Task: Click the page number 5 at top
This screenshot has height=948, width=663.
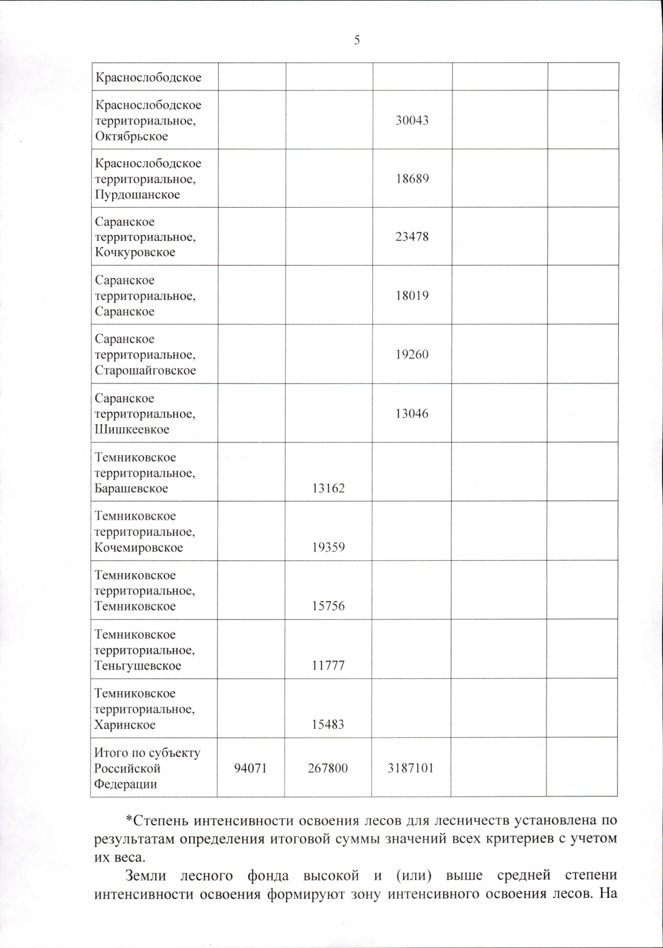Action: tap(357, 40)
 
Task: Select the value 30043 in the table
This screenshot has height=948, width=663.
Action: tap(412, 120)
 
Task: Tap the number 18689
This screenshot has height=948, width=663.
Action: tap(412, 179)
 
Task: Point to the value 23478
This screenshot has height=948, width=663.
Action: tap(412, 237)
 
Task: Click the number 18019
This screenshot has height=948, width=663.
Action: tap(412, 296)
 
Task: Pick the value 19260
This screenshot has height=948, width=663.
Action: tap(412, 355)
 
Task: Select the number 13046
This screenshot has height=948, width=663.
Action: tap(412, 414)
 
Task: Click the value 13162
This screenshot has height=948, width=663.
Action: tap(328, 488)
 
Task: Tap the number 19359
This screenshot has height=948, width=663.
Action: tap(328, 547)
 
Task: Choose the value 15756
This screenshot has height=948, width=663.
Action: tap(328, 606)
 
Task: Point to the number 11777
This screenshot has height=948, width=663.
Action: tap(328, 666)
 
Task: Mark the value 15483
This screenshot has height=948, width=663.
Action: tap(328, 725)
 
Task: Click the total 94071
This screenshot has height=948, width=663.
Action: tap(250, 768)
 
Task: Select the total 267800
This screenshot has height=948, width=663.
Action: tap(328, 768)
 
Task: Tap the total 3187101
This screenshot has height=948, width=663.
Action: tap(411, 768)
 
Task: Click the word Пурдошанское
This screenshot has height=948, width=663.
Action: tap(138, 195)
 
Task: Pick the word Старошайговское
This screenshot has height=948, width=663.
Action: tap(145, 371)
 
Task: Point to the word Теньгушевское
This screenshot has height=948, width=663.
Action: tap(138, 666)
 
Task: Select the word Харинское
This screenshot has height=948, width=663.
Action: tap(125, 725)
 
